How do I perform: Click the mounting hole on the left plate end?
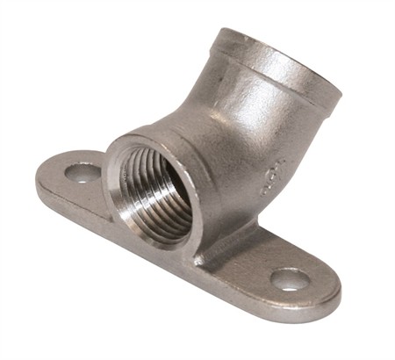click(x=83, y=173)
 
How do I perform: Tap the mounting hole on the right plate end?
click(x=291, y=279)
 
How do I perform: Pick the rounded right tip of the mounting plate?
click(x=332, y=290)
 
